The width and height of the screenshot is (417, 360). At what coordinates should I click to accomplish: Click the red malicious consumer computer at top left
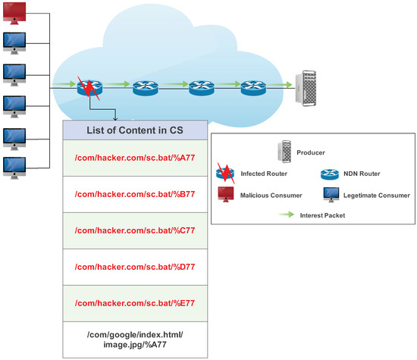(x=16, y=12)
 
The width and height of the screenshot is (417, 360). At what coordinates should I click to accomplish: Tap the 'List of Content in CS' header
(x=133, y=129)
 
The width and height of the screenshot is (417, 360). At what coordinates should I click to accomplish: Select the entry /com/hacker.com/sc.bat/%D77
(x=133, y=267)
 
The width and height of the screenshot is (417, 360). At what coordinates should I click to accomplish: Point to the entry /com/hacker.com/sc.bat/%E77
(x=133, y=302)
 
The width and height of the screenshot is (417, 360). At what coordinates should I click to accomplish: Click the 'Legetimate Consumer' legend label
(x=369, y=195)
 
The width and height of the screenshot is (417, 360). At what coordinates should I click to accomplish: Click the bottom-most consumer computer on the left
(x=16, y=164)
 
